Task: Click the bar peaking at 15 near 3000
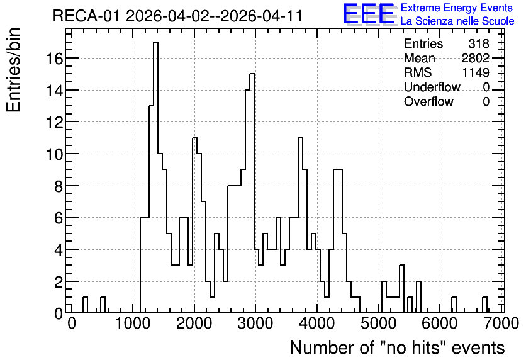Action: click(252, 193)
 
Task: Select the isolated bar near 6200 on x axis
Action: click(454, 305)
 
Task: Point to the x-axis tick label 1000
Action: click(133, 323)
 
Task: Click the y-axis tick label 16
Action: click(54, 59)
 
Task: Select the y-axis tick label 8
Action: click(59, 186)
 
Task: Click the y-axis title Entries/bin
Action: click(14, 70)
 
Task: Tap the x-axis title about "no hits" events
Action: click(397, 347)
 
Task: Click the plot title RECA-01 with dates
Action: click(177, 16)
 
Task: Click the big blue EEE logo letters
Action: click(368, 14)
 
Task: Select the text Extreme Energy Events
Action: click(457, 8)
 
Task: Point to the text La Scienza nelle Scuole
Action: click(457, 21)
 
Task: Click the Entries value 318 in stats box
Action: click(479, 43)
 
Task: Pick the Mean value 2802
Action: click(475, 58)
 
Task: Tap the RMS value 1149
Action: click(475, 72)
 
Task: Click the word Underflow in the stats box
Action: click(432, 87)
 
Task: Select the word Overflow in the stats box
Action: click(428, 101)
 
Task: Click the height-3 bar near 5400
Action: click(401, 289)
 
